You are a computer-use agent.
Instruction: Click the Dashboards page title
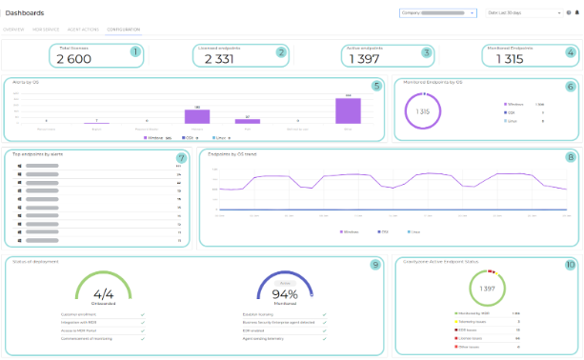coord(25,13)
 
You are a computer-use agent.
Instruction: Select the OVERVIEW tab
coord(14,30)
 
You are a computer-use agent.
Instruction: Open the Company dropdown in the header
coord(438,13)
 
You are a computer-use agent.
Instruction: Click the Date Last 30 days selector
coord(523,13)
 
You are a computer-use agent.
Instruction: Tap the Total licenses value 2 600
coord(73,59)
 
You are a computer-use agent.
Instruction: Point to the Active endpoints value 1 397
coord(364,59)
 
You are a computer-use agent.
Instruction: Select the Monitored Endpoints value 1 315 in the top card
coord(509,59)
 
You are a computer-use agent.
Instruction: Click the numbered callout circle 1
coord(135,52)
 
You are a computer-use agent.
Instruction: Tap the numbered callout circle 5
coord(376,87)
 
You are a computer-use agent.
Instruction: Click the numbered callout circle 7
coord(182,157)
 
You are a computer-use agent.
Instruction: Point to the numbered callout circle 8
coord(571,157)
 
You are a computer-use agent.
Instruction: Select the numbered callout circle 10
coord(570,265)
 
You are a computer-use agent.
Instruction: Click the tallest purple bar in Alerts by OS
coord(349,110)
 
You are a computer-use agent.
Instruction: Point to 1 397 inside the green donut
coord(488,288)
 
